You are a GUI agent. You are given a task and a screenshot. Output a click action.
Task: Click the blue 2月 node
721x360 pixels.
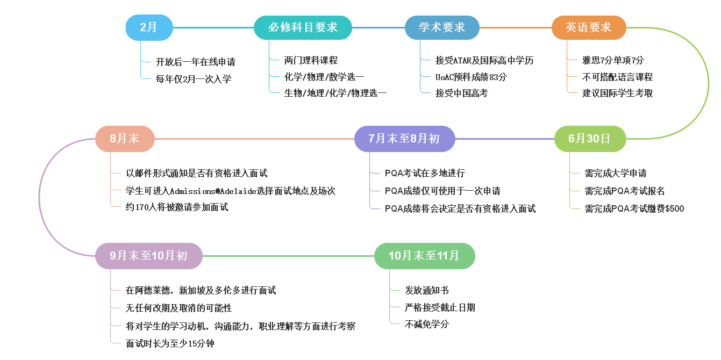pos(149,27)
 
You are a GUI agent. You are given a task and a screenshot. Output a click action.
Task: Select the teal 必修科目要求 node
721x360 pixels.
pos(303,27)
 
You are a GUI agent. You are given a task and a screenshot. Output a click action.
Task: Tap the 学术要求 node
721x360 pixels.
pos(441,27)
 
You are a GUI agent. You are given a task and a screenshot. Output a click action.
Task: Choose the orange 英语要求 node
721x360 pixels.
pos(589,27)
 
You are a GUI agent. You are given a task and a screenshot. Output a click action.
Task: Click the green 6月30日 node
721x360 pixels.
pos(590,139)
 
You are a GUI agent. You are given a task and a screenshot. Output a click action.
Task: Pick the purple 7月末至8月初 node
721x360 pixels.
pos(404,139)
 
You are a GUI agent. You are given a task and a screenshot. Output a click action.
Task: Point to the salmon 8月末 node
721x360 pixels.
pos(125,139)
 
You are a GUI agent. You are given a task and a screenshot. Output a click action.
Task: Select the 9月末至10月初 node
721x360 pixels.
pos(149,256)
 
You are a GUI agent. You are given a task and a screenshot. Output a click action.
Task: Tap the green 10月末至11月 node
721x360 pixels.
pos(424,256)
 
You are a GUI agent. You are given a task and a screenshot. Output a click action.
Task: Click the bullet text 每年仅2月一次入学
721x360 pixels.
pos(194,79)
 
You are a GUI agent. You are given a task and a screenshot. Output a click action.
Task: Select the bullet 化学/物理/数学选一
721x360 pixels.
pos(324,77)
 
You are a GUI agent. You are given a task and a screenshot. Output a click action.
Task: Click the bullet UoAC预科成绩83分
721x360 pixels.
pos(471,77)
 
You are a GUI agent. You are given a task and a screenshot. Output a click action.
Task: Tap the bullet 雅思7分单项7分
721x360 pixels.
pos(613,60)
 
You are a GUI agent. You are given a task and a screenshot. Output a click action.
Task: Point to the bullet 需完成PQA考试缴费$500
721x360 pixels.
pos(634,208)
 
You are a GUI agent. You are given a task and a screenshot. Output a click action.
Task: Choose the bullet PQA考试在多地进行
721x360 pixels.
pos(425,173)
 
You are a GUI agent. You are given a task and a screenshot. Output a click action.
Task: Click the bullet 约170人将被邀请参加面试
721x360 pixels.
pos(177,207)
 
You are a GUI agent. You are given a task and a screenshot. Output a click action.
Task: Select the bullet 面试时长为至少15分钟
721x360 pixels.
pos(170,343)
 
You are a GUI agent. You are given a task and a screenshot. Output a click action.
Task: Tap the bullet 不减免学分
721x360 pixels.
pos(427,324)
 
